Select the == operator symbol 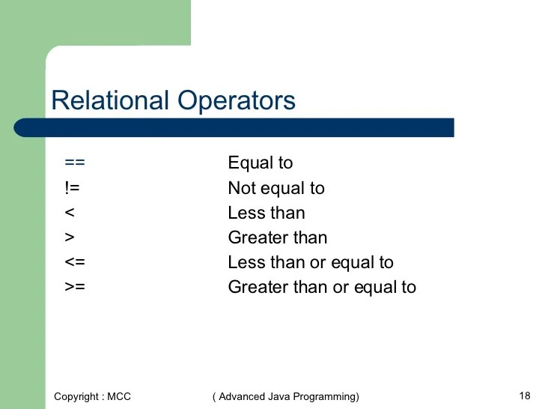(75, 163)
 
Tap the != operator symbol (72, 187)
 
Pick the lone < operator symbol (69, 213)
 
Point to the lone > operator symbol (69, 237)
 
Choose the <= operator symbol (74, 262)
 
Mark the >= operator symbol (74, 287)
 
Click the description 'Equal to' (261, 163)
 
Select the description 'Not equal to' (276, 188)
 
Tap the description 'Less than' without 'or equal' (267, 213)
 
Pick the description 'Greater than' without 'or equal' (278, 238)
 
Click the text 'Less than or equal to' (311, 262)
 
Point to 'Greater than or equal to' (322, 287)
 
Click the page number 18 (524, 395)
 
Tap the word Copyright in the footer (75, 396)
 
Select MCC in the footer (118, 396)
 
